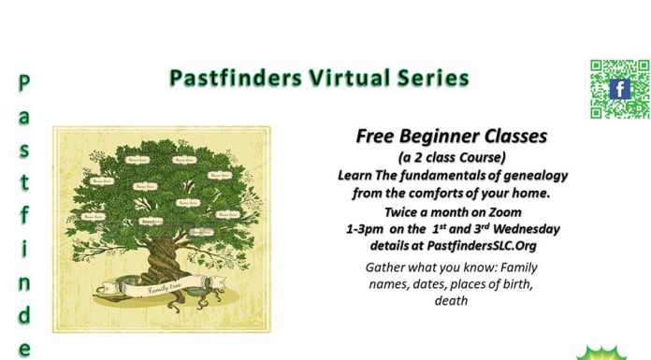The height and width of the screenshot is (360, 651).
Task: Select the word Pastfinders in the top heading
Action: pyautogui.click(x=235, y=78)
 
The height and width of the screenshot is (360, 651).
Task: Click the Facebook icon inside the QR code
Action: pyautogui.click(x=618, y=89)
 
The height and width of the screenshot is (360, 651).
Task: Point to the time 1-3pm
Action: pyautogui.click(x=368, y=229)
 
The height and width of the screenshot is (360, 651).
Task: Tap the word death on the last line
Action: pyautogui.click(x=452, y=301)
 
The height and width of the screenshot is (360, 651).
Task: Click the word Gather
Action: pyautogui.click(x=390, y=267)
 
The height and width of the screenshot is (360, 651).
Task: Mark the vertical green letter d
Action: pyautogui.click(x=24, y=316)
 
